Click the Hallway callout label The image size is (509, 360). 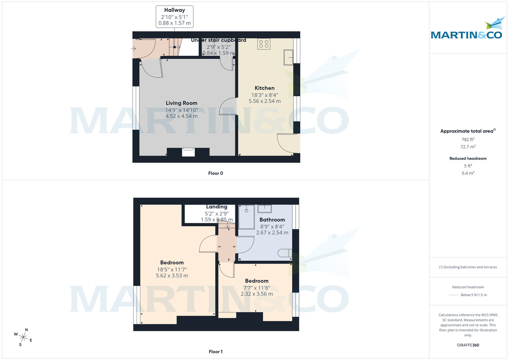click(175, 10)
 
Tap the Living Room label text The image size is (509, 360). click(181, 103)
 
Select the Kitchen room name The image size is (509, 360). click(264, 88)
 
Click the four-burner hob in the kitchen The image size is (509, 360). click(264, 44)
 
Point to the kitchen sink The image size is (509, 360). click(289, 57)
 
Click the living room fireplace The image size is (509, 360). click(188, 152)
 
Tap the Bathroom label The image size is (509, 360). click(272, 220)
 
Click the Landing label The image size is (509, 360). click(216, 207)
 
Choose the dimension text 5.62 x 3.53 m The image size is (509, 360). click(172, 276)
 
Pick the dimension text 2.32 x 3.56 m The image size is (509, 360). click(257, 294)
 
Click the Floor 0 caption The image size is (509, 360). click(215, 173)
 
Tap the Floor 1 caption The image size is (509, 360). click(215, 352)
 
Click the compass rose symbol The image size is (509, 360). click(24, 337)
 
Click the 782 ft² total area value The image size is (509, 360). click(468, 139)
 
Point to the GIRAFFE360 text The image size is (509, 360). click(468, 345)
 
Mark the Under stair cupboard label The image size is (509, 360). click(218, 40)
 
